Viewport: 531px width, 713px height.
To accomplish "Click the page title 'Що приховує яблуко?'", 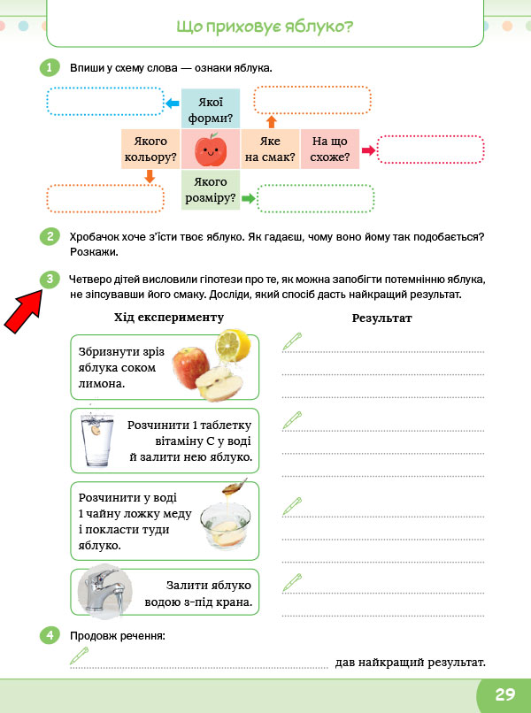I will pyautogui.click(x=265, y=27).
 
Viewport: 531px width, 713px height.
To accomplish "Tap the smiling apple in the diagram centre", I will pyautogui.click(x=211, y=149).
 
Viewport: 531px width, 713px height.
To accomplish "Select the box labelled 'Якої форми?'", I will pyautogui.click(x=211, y=109).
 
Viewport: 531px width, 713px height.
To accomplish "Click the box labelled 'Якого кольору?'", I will pyautogui.click(x=150, y=149).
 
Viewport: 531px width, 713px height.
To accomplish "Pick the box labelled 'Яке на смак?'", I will pyautogui.click(x=271, y=149).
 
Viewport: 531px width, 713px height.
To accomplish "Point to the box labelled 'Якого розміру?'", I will pyautogui.click(x=211, y=190).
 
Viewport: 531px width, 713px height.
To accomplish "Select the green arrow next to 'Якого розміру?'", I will pyautogui.click(x=249, y=198).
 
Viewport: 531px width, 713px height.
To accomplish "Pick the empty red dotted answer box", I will pyautogui.click(x=430, y=150).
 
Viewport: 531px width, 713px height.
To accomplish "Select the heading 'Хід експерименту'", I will pyautogui.click(x=168, y=317).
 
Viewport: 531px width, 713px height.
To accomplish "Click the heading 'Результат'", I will pyautogui.click(x=381, y=317).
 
